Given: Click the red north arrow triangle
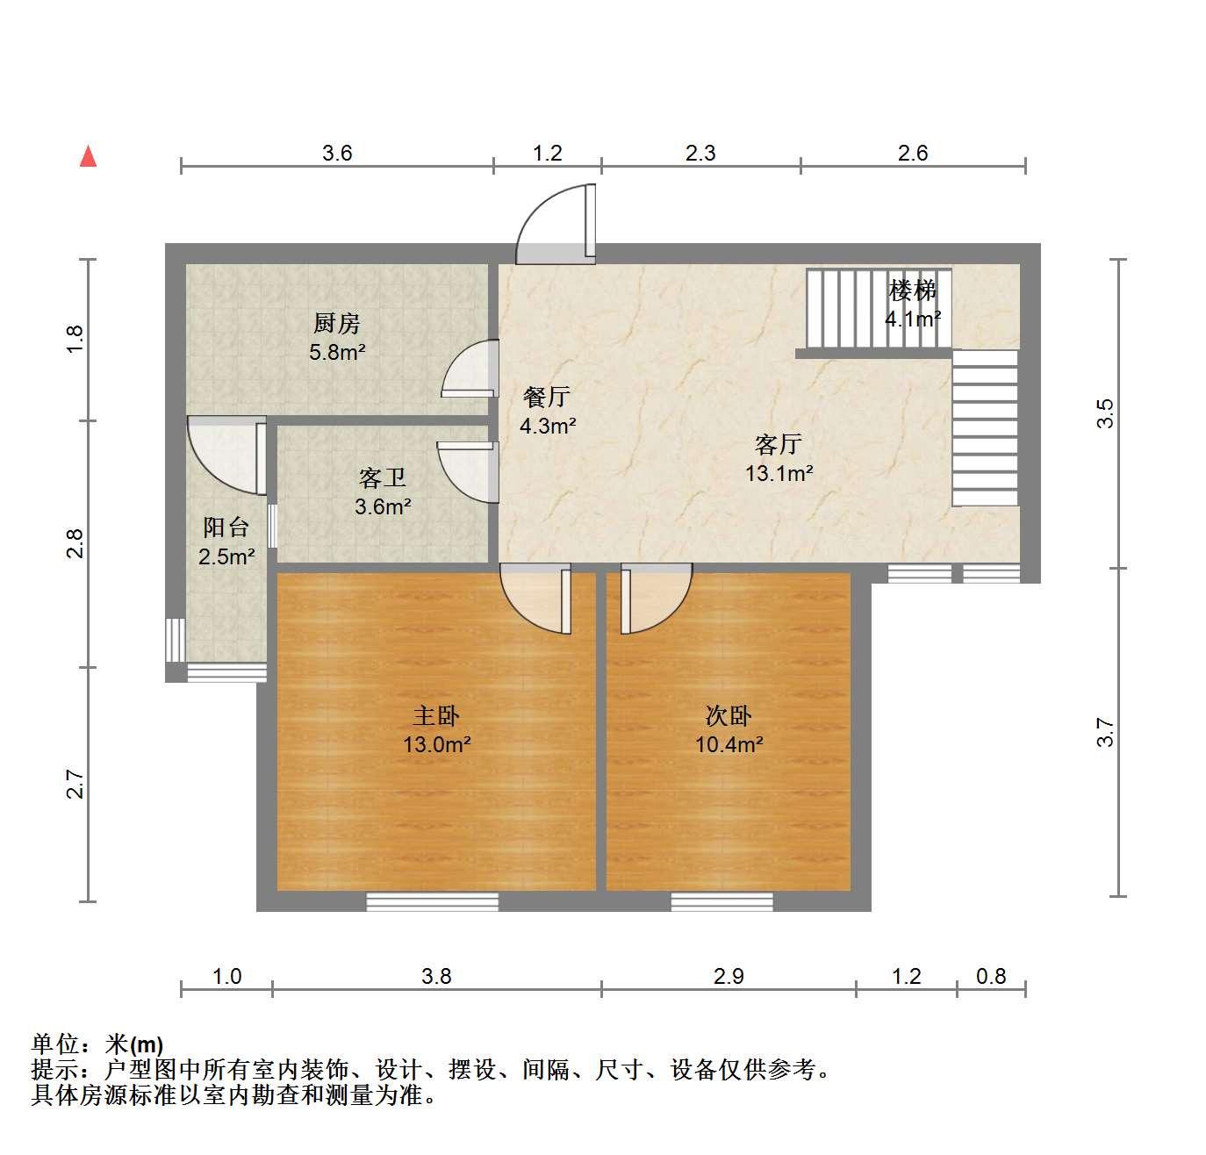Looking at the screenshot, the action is click(89, 156).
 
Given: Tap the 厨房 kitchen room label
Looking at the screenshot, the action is click(336, 323).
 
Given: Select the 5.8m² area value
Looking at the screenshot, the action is click(337, 353).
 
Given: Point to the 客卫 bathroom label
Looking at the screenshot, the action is click(383, 477).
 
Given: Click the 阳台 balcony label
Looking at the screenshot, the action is click(226, 527).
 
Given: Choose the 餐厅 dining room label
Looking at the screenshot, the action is click(547, 397).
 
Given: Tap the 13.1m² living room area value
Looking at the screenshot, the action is click(779, 473).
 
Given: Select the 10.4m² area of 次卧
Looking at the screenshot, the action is click(729, 744).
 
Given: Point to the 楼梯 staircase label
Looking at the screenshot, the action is click(912, 291).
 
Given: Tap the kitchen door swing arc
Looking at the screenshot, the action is click(456, 359).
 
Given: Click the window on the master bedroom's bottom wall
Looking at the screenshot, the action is click(432, 901).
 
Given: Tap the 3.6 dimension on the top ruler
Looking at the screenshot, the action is click(337, 153).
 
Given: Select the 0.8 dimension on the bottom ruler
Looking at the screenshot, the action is click(991, 977).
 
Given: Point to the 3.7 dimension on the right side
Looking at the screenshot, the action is click(1105, 733).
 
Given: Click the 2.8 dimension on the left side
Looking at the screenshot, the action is click(75, 543).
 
